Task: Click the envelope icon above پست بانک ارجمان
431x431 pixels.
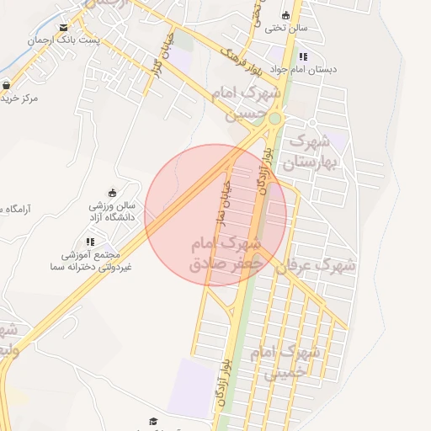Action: (x=64, y=28)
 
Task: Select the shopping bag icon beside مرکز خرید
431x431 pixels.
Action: (x=7, y=85)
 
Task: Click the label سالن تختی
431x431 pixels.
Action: (x=286, y=28)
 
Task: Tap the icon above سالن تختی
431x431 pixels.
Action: (x=285, y=15)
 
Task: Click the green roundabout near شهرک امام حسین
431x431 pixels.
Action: (x=274, y=120)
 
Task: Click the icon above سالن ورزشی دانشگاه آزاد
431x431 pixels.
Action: (x=113, y=193)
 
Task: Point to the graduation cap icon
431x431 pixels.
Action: (x=153, y=422)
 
